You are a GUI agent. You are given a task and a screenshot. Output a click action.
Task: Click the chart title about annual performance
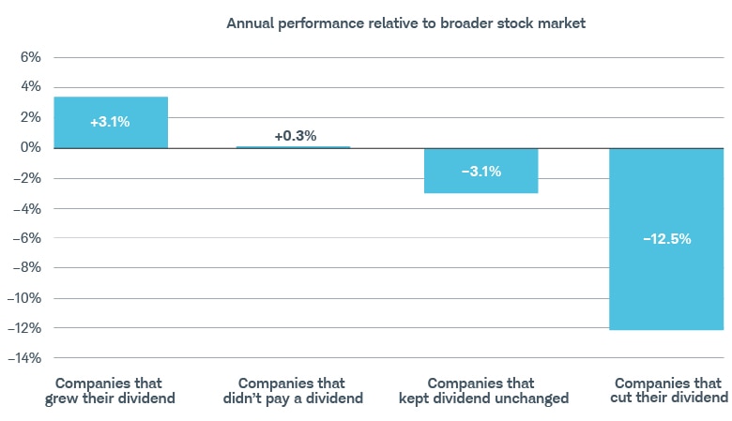(x=405, y=23)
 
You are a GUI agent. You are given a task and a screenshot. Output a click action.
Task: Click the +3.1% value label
(x=111, y=123)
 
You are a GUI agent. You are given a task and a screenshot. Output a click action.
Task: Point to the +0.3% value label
(x=295, y=136)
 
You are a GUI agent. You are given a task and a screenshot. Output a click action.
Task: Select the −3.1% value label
(x=480, y=172)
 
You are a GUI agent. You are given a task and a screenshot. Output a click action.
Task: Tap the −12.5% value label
(x=666, y=239)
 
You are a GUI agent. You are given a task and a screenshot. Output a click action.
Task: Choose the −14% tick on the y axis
(x=23, y=358)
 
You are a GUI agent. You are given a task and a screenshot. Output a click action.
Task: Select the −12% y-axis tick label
(x=23, y=328)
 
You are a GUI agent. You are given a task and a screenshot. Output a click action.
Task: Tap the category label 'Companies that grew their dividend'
(x=110, y=391)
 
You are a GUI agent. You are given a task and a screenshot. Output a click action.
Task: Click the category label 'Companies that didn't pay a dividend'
(x=292, y=391)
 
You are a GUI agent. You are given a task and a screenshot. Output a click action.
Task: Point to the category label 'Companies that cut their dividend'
(x=668, y=391)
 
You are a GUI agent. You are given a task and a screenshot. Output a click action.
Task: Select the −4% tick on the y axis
(x=27, y=208)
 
